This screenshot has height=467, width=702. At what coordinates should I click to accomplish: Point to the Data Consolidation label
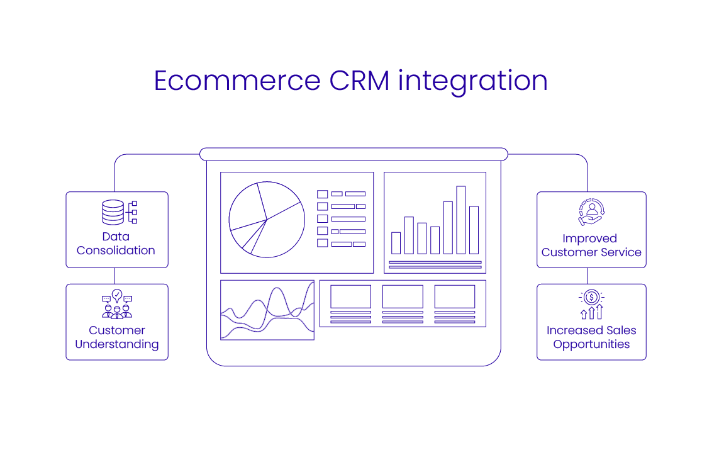[116, 244]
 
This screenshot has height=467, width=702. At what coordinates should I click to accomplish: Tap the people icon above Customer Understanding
[117, 305]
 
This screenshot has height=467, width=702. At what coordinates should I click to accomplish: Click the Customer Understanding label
[117, 337]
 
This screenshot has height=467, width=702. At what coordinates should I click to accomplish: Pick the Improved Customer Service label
[591, 245]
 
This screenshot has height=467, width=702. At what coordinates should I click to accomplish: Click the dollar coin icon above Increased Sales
[591, 297]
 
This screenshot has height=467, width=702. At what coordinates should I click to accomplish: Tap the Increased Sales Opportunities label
[591, 337]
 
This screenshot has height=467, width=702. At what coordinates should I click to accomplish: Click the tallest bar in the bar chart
[461, 220]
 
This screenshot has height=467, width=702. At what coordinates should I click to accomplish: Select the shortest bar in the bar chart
[396, 243]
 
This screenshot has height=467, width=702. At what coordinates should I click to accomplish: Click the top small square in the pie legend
[323, 194]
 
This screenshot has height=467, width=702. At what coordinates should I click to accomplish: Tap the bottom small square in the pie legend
[323, 243]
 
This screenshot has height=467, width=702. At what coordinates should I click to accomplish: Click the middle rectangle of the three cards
[403, 296]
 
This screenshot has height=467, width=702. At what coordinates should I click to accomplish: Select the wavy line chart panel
[267, 310]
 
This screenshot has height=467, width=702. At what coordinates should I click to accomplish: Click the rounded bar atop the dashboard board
[354, 154]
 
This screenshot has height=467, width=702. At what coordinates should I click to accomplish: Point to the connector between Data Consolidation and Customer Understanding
[114, 276]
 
